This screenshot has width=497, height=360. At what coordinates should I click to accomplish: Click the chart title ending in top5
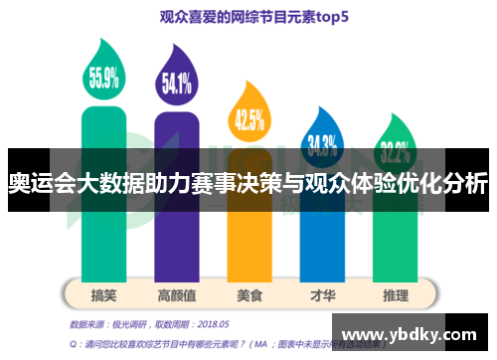tap(248, 17)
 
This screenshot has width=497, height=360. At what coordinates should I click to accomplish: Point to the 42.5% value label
tap(248, 119)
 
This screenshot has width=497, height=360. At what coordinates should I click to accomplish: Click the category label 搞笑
tap(103, 295)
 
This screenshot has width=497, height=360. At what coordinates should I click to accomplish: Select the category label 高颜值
tap(176, 295)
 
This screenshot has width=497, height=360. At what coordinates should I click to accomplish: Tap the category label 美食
tap(248, 295)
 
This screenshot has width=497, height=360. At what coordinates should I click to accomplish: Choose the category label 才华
tap(321, 295)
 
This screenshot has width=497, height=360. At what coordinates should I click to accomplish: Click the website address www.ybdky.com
tap(409, 333)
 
